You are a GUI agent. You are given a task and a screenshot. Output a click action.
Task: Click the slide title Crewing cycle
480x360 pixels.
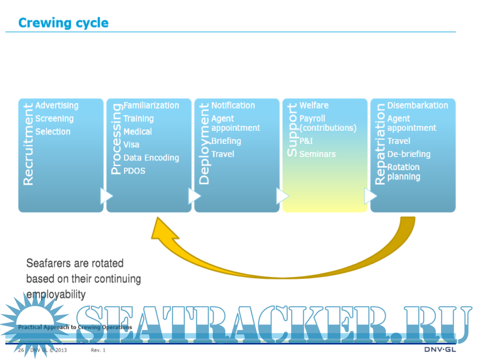(63, 23)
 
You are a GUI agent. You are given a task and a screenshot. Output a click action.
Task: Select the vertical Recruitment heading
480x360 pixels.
(28, 144)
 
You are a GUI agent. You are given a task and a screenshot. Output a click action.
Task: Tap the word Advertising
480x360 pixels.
(57, 105)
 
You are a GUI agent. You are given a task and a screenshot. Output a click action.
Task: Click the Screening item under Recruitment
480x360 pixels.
(54, 119)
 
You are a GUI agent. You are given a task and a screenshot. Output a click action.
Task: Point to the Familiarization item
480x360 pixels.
(151, 105)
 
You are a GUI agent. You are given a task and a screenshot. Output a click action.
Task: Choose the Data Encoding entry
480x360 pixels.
(151, 158)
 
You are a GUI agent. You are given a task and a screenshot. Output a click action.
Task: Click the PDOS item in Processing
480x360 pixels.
(134, 171)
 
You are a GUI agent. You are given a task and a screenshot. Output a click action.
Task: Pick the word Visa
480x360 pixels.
(131, 145)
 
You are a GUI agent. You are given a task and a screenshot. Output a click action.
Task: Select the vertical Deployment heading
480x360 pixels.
(204, 144)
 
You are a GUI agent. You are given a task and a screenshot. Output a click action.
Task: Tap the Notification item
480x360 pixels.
(233, 105)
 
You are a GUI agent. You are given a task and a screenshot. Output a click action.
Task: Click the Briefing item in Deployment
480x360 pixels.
(226, 141)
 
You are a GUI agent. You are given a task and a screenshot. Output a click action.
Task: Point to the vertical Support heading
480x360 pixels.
(292, 130)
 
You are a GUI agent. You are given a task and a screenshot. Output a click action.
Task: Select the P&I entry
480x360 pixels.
(306, 141)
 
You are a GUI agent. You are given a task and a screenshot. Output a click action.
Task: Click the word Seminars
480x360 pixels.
(317, 154)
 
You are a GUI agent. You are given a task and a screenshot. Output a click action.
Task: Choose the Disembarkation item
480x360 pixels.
(418, 105)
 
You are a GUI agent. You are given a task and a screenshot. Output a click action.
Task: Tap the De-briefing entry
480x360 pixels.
(409, 154)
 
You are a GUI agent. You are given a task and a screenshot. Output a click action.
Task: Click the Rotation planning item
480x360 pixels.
(404, 172)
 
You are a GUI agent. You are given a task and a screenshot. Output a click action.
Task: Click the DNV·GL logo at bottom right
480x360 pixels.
(440, 350)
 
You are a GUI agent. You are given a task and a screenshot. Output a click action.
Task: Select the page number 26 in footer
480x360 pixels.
(21, 350)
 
